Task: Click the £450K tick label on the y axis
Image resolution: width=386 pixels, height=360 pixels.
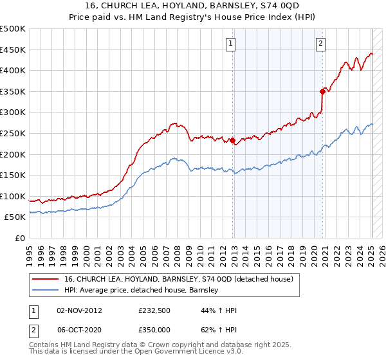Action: pos(13,50)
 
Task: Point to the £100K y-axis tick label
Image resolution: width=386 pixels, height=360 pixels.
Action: pos(13,196)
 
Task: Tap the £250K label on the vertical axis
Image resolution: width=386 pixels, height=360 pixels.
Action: pos(13,133)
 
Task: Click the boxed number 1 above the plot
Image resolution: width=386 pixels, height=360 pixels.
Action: pos(230,44)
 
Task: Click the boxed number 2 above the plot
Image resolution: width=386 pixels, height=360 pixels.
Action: pos(320,44)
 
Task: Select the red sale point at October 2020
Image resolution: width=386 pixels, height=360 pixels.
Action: pos(323,91)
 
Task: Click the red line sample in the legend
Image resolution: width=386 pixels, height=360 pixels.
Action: pos(45,279)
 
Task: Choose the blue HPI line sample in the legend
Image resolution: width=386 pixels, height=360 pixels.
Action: pos(45,290)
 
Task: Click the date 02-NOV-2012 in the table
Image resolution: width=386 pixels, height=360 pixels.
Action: pos(80,310)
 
